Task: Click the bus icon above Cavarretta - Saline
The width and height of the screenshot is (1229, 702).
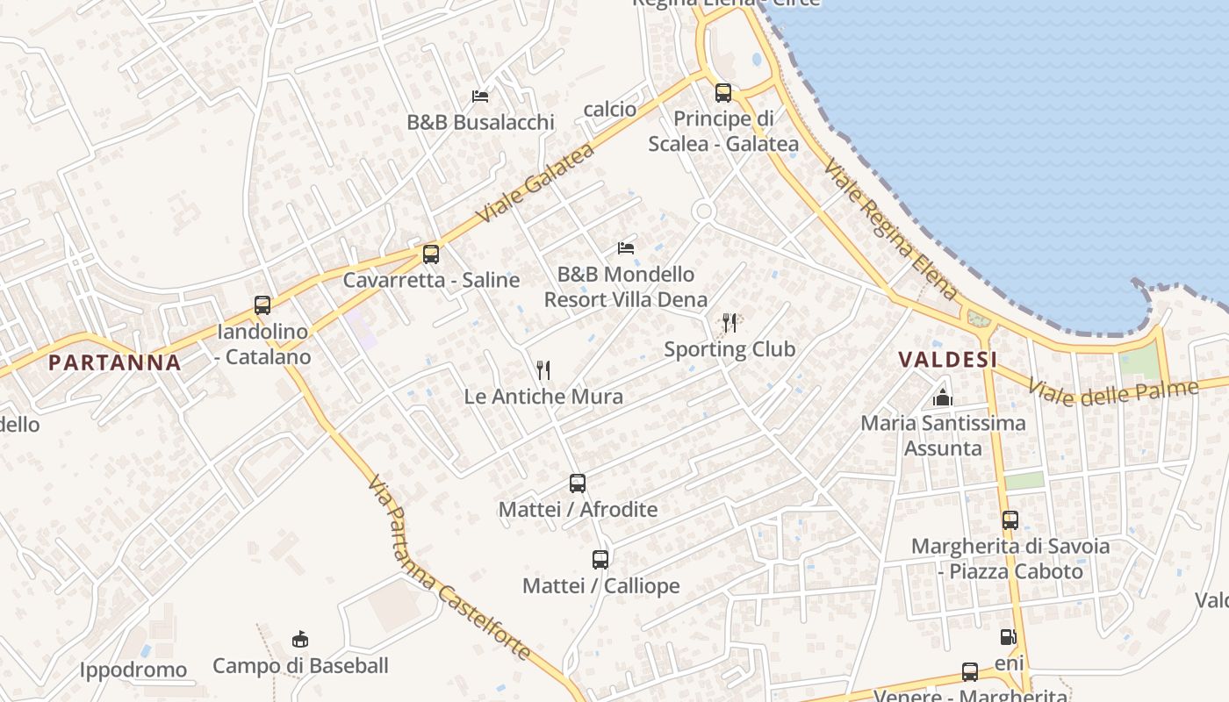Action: [430, 254]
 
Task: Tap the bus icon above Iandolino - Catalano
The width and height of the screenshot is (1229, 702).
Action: [262, 305]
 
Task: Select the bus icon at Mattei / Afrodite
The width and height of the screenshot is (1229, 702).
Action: [578, 483]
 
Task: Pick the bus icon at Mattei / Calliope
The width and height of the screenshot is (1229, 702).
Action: [600, 559]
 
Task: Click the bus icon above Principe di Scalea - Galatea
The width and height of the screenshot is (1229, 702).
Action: [723, 92]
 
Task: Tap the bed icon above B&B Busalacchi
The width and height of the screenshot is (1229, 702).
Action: [480, 96]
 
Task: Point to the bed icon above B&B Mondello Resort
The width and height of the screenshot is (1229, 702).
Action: [626, 248]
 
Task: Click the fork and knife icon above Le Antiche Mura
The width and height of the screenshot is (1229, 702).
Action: [543, 370]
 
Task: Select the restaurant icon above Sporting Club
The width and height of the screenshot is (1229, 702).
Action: [729, 323]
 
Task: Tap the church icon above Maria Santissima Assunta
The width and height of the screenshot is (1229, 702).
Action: [943, 398]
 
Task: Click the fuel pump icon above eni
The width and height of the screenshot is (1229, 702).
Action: [1009, 637]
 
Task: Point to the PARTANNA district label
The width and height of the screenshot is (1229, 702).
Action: [115, 362]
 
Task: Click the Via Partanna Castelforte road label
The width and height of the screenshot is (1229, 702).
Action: [449, 568]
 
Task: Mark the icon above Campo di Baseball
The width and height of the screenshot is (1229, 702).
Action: [300, 639]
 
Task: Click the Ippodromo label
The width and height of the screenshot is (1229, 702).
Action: [133, 670]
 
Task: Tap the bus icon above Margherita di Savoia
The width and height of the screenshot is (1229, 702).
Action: [1010, 520]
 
